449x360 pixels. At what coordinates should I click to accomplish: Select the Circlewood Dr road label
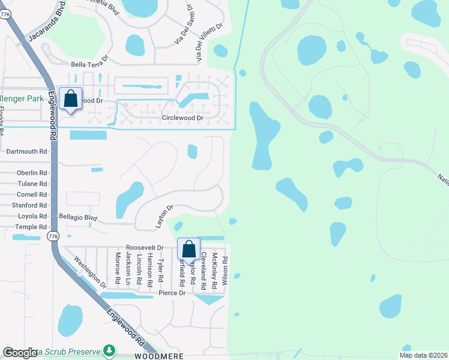[182, 118]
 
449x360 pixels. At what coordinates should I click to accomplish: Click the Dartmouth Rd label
[26, 152]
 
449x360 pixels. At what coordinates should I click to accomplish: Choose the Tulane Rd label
[32, 184]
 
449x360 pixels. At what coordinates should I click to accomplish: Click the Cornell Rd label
[32, 194]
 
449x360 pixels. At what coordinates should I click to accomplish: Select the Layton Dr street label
[164, 215]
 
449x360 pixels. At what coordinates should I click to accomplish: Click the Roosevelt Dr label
[145, 247]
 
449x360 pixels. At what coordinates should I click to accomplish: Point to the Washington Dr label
[90, 272]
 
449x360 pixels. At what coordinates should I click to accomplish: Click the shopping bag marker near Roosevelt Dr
[188, 248]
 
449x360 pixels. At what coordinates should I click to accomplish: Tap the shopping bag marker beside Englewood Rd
[71, 99]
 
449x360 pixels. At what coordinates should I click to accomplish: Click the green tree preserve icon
[109, 350]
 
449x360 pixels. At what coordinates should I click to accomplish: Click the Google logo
[20, 353]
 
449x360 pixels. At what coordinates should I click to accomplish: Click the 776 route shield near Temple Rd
[53, 236]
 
